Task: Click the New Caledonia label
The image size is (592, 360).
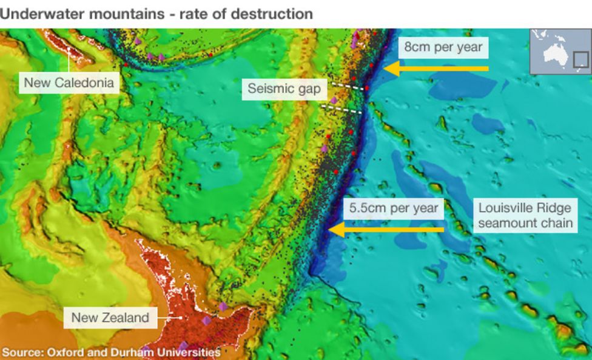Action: point(69,82)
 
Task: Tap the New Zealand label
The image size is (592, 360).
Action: point(110,317)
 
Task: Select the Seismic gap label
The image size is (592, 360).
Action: point(284,89)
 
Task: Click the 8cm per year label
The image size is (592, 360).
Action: point(443,47)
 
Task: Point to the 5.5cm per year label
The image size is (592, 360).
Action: point(394,208)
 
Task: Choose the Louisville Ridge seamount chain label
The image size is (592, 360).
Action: point(525,215)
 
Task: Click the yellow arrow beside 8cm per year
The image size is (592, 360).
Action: point(437,68)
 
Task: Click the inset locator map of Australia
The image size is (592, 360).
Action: point(560,52)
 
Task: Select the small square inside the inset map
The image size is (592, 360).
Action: point(580,59)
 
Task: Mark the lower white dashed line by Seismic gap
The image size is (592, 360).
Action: point(341,109)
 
